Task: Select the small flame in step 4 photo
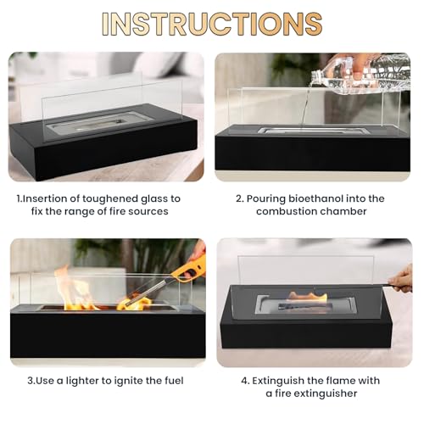307,298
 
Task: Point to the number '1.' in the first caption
20,198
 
